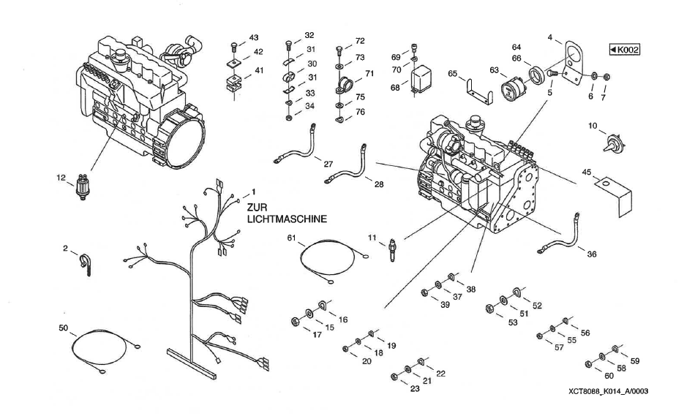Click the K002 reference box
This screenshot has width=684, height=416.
point(624,50)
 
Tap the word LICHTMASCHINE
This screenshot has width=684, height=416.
point(286,219)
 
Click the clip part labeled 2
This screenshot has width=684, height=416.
point(84,261)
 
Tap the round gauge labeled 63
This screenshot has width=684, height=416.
point(513,92)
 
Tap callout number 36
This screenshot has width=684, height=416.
point(590,255)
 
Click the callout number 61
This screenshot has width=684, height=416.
point(291,238)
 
